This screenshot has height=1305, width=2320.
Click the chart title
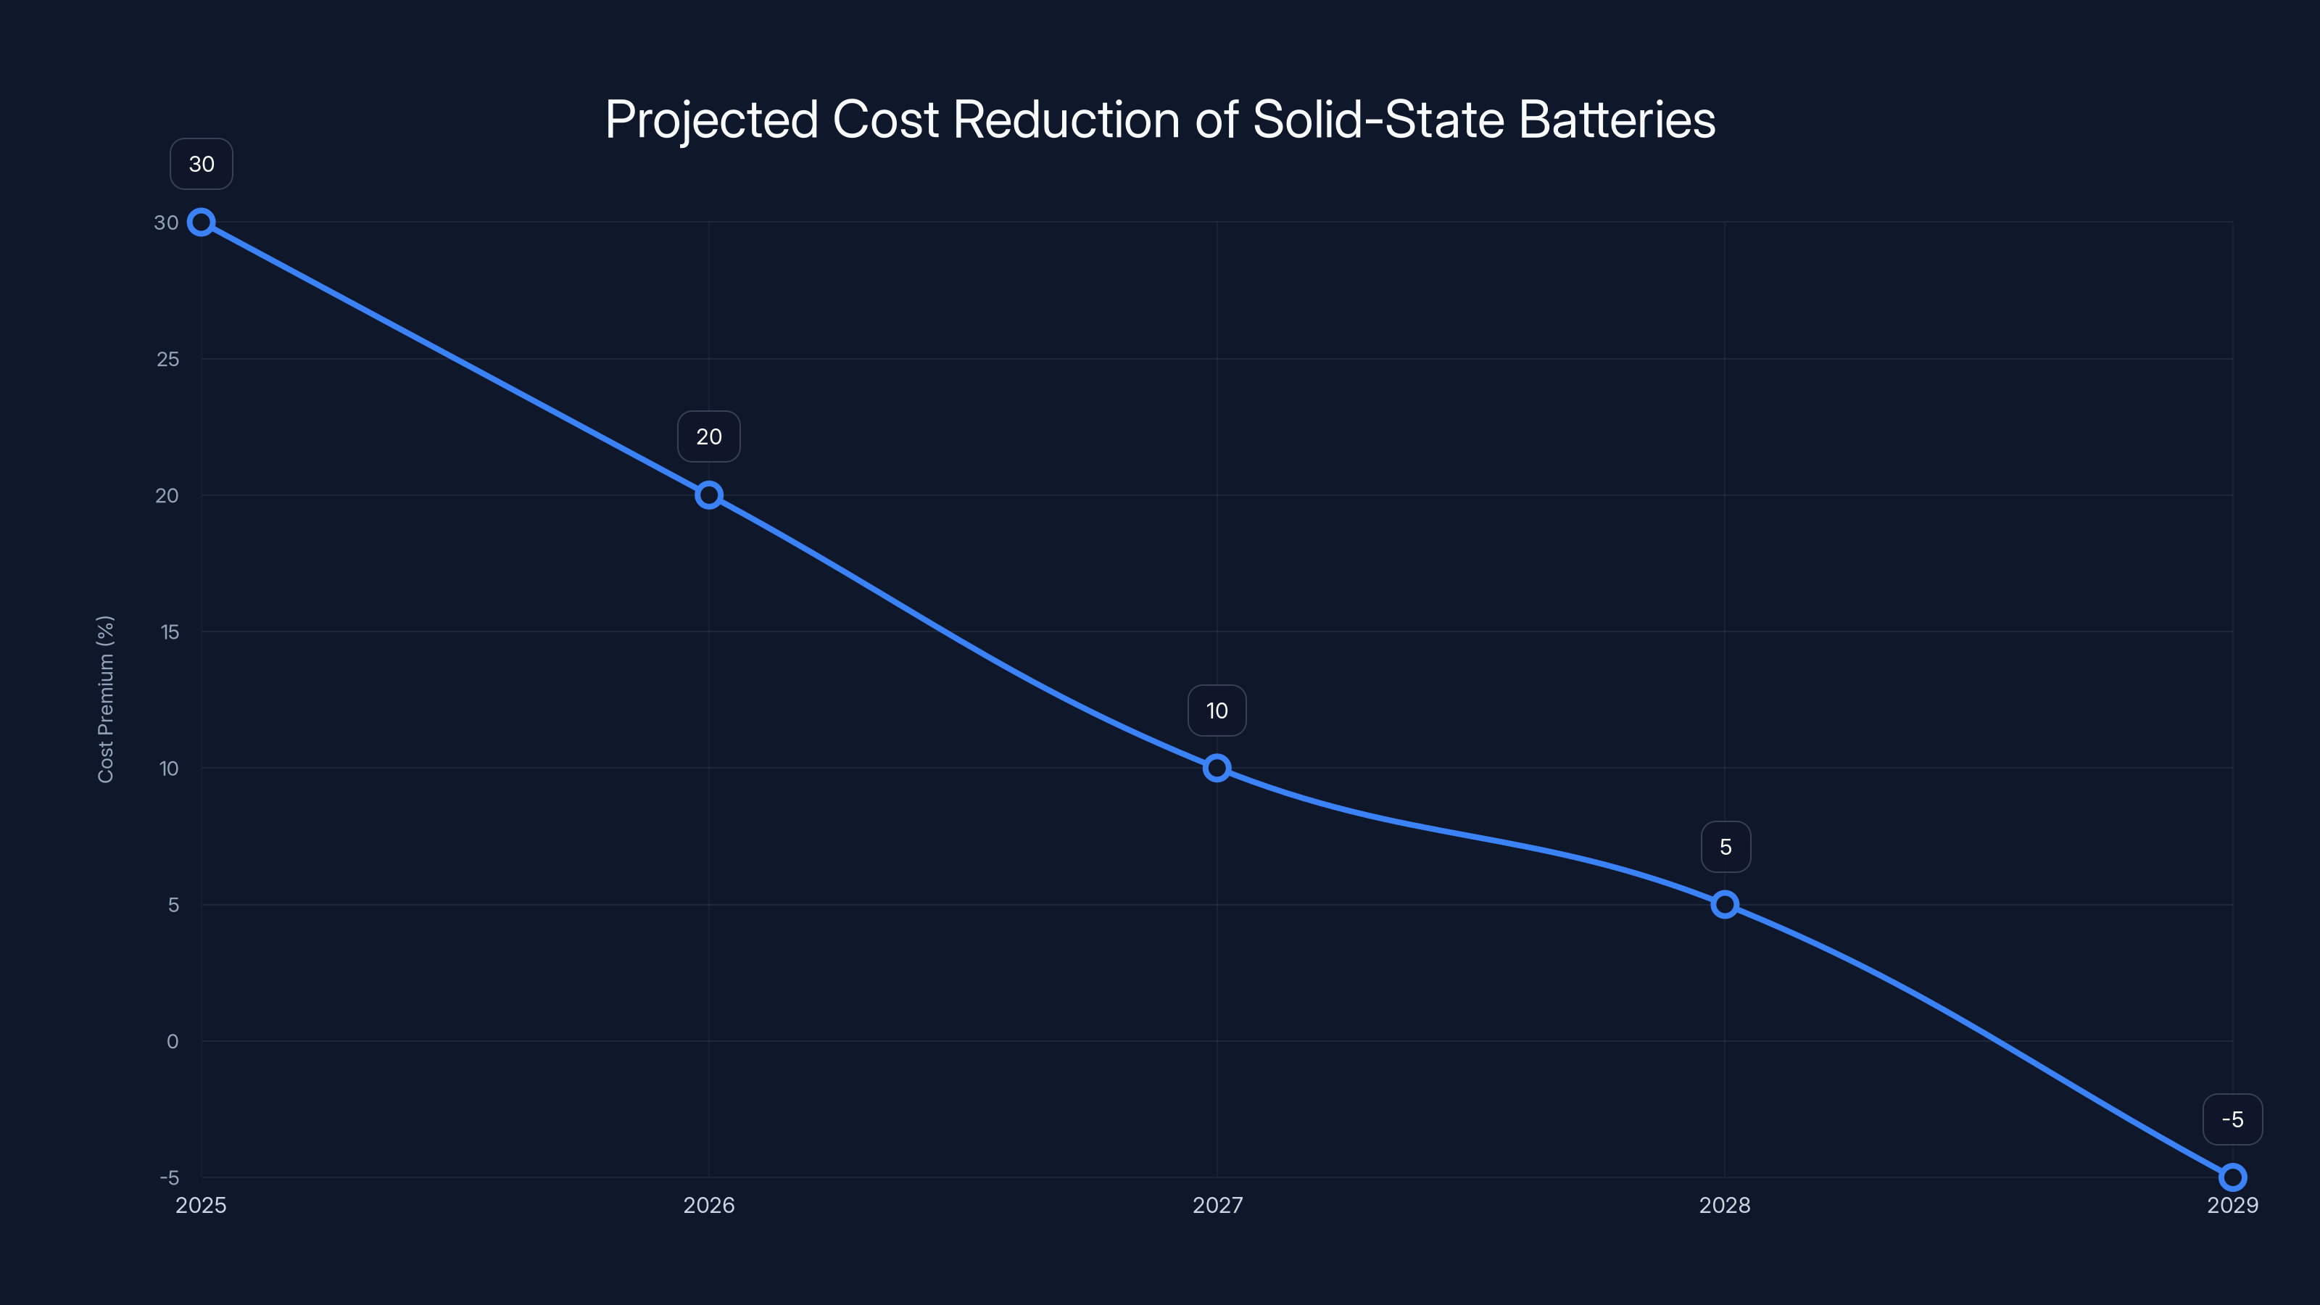1160,119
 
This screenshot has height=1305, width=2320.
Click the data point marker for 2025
201,223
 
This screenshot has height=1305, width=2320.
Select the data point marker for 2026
709,495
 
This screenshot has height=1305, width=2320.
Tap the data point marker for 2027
1217,768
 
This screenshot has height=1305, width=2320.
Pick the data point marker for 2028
1725,904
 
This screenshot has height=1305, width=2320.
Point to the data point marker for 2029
2233,1177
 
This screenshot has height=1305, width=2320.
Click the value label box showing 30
202,164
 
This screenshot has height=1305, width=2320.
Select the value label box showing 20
709,436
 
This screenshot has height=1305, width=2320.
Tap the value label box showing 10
1217,710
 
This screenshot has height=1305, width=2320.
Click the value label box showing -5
2233,1119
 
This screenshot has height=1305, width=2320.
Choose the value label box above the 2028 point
1725,847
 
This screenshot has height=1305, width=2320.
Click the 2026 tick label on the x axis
709,1205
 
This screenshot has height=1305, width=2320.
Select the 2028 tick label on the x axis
1725,1205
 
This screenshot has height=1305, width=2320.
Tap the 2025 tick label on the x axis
201,1205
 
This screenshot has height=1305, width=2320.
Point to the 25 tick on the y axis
167,360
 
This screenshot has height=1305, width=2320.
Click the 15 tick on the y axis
170,632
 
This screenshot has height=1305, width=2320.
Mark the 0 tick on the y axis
172,1041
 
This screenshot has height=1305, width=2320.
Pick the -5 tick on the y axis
170,1178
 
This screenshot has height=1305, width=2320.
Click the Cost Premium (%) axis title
105,699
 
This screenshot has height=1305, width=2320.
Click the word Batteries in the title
1617,119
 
